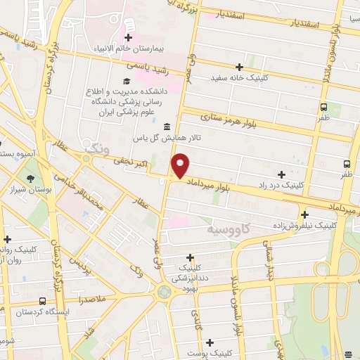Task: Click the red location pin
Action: (x=181, y=165)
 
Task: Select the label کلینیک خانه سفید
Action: (x=247, y=78)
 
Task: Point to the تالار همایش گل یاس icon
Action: (x=167, y=127)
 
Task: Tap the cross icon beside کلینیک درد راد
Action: (x=281, y=174)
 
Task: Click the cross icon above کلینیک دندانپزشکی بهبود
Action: (x=191, y=257)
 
